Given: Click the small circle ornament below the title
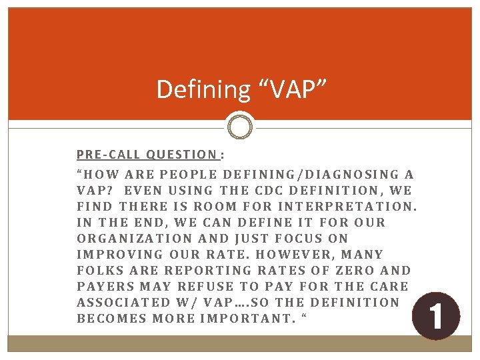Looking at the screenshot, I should coord(240,125).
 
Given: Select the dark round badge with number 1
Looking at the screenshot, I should coord(436,316).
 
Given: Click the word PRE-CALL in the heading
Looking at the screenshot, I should coord(108,155).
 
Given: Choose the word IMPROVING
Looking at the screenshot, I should coord(119,255).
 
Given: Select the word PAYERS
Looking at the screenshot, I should coord(107,287).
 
